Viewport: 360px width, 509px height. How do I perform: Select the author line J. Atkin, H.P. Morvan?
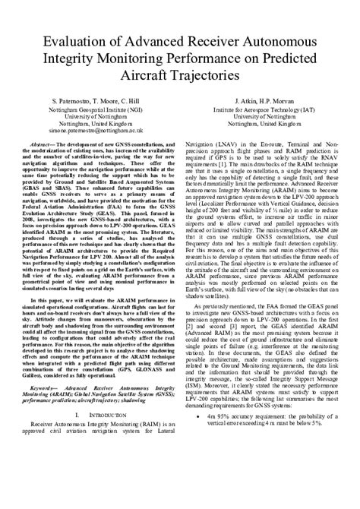(x=267, y=101)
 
